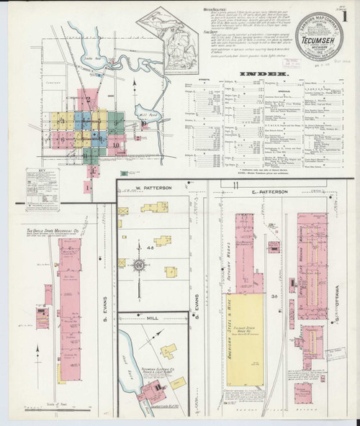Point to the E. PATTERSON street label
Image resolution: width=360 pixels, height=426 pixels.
coord(269,192)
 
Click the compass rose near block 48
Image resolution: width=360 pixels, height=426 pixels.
coord(140,264)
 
